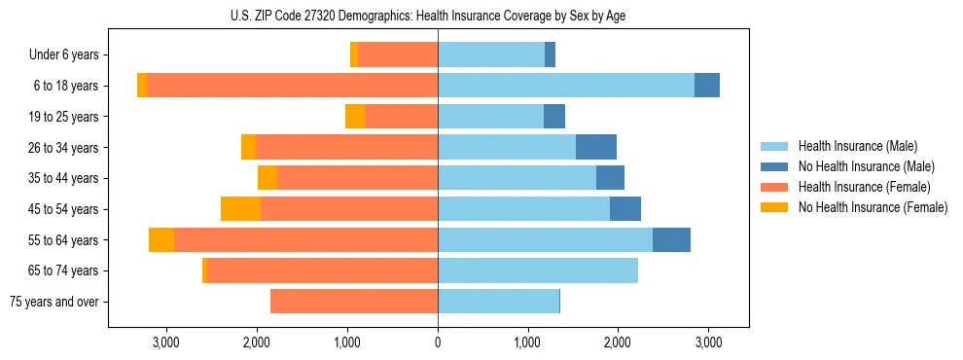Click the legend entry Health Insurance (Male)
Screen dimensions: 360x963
click(x=857, y=146)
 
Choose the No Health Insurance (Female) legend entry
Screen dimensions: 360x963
click(x=873, y=207)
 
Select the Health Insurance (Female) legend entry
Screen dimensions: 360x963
click(x=865, y=187)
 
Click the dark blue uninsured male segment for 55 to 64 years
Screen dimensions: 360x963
click(x=671, y=240)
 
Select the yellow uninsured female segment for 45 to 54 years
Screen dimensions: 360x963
click(x=240, y=209)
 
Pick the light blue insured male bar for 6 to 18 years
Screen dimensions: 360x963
click(x=566, y=86)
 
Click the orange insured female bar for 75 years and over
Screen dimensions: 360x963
click(x=354, y=302)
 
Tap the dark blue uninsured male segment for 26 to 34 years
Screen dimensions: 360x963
click(x=596, y=148)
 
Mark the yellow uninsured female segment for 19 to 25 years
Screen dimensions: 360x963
click(x=355, y=117)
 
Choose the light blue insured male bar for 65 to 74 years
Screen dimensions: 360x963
click(x=538, y=270)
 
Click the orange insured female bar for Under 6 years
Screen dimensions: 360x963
click(x=398, y=55)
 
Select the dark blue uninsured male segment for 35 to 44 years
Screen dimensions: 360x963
click(x=610, y=178)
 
